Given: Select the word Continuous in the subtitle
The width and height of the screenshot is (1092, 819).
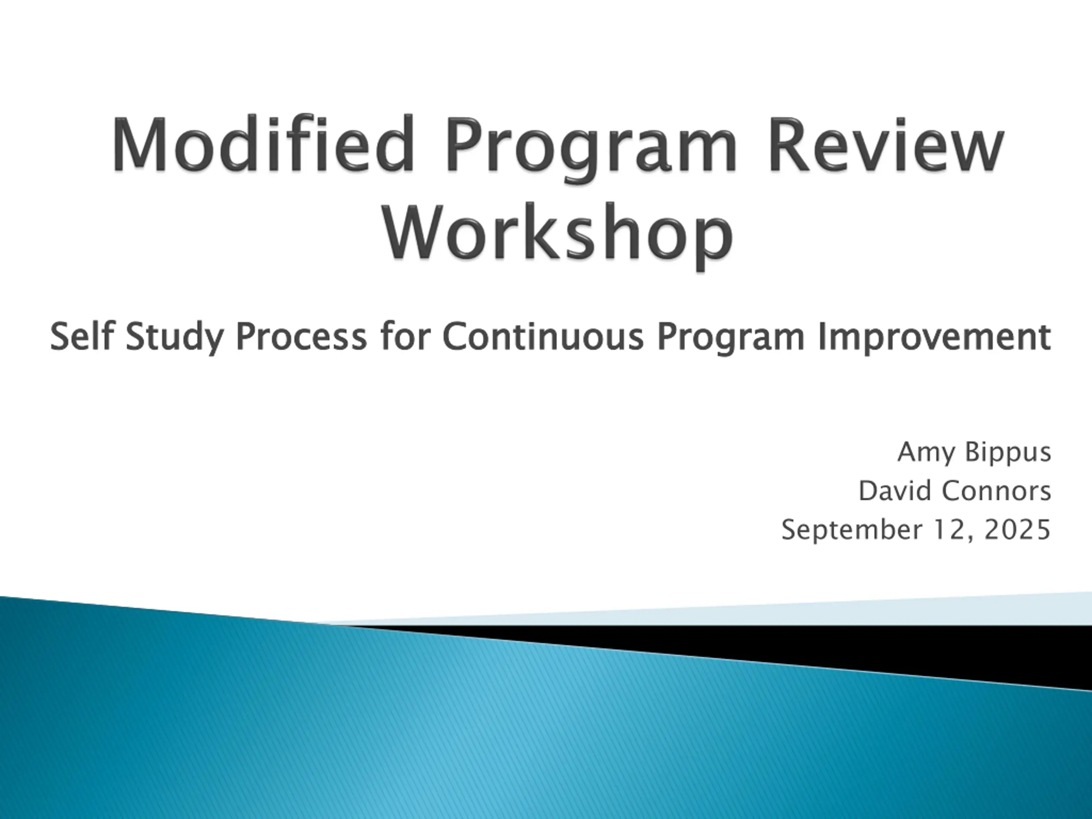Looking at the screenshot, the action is point(543,336).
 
